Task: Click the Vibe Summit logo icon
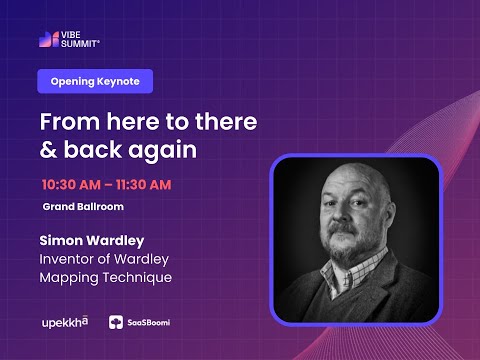(x=46, y=40)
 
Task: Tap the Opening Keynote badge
(x=95, y=82)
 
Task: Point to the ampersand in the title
(x=47, y=150)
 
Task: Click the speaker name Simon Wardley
(x=92, y=241)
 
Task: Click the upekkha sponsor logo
(x=64, y=322)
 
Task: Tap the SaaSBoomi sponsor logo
(x=139, y=322)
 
